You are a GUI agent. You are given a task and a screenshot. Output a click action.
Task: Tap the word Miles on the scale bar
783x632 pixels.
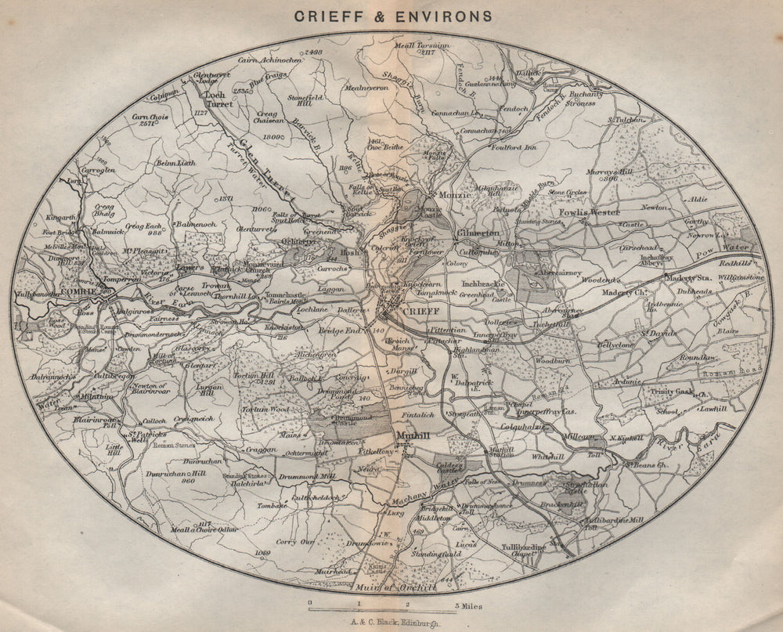click(469, 605)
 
